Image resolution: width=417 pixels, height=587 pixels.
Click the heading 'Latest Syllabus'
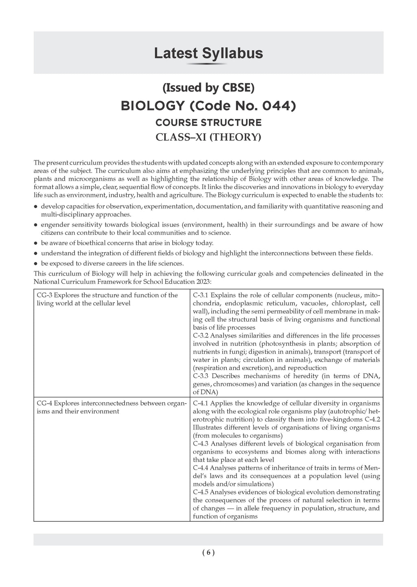tap(208, 53)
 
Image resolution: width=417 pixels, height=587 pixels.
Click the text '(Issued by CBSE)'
tap(208, 87)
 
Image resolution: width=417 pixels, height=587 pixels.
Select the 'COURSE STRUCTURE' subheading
tap(208, 123)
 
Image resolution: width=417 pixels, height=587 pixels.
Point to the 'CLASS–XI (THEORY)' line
tap(208, 137)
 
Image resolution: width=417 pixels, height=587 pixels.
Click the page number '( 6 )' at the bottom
tap(208, 553)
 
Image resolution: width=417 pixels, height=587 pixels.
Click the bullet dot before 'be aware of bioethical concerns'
tap(36, 243)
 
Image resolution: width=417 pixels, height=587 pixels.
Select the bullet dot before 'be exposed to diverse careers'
tap(36, 263)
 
